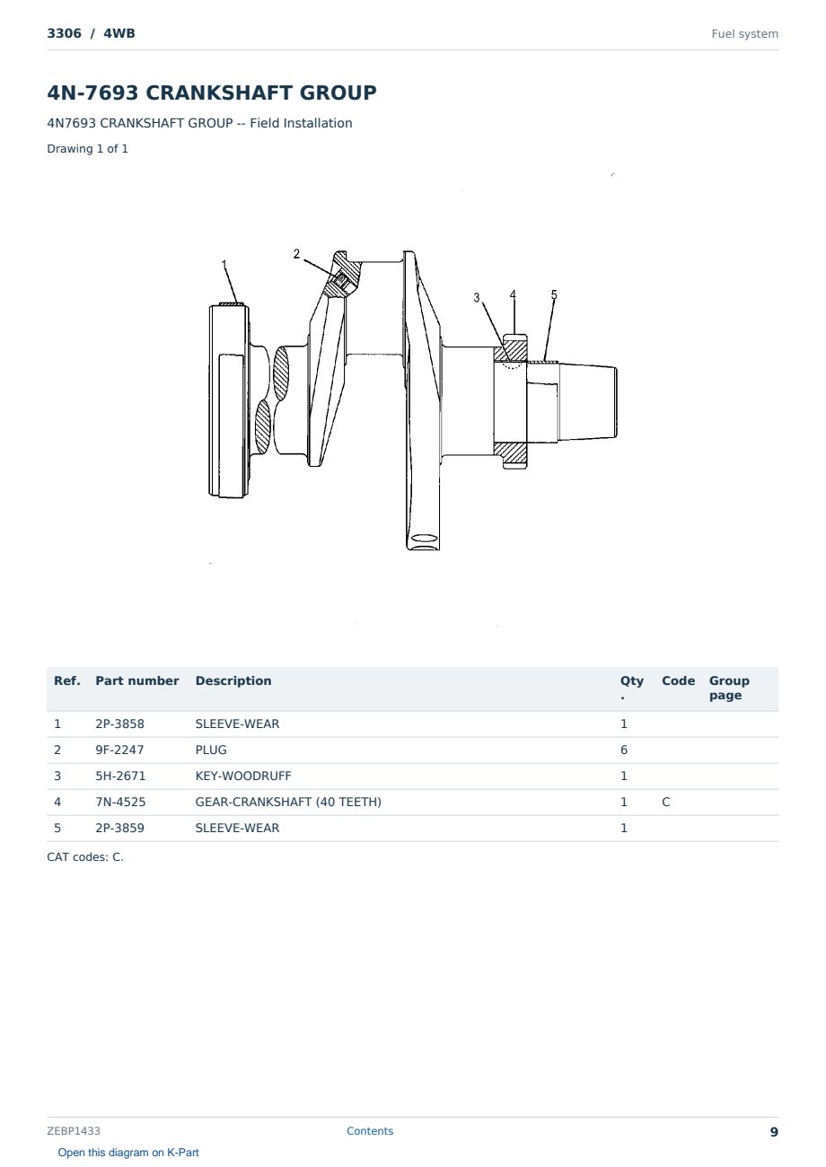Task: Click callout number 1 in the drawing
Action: pos(224,264)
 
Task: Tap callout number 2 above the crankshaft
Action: pos(296,254)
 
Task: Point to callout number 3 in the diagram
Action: pos(477,297)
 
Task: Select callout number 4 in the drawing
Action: pos(513,294)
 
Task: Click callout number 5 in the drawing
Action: pos(554,294)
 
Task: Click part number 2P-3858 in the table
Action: pos(120,724)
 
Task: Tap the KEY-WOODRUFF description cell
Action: pos(243,776)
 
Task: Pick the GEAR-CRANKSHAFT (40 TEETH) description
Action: pos(288,802)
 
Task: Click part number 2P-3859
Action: pos(120,828)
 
